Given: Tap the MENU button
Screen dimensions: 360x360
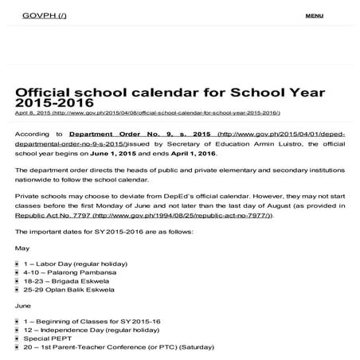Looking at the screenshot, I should click(x=314, y=16).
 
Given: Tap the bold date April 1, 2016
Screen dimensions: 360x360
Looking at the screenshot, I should click(x=194, y=154).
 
